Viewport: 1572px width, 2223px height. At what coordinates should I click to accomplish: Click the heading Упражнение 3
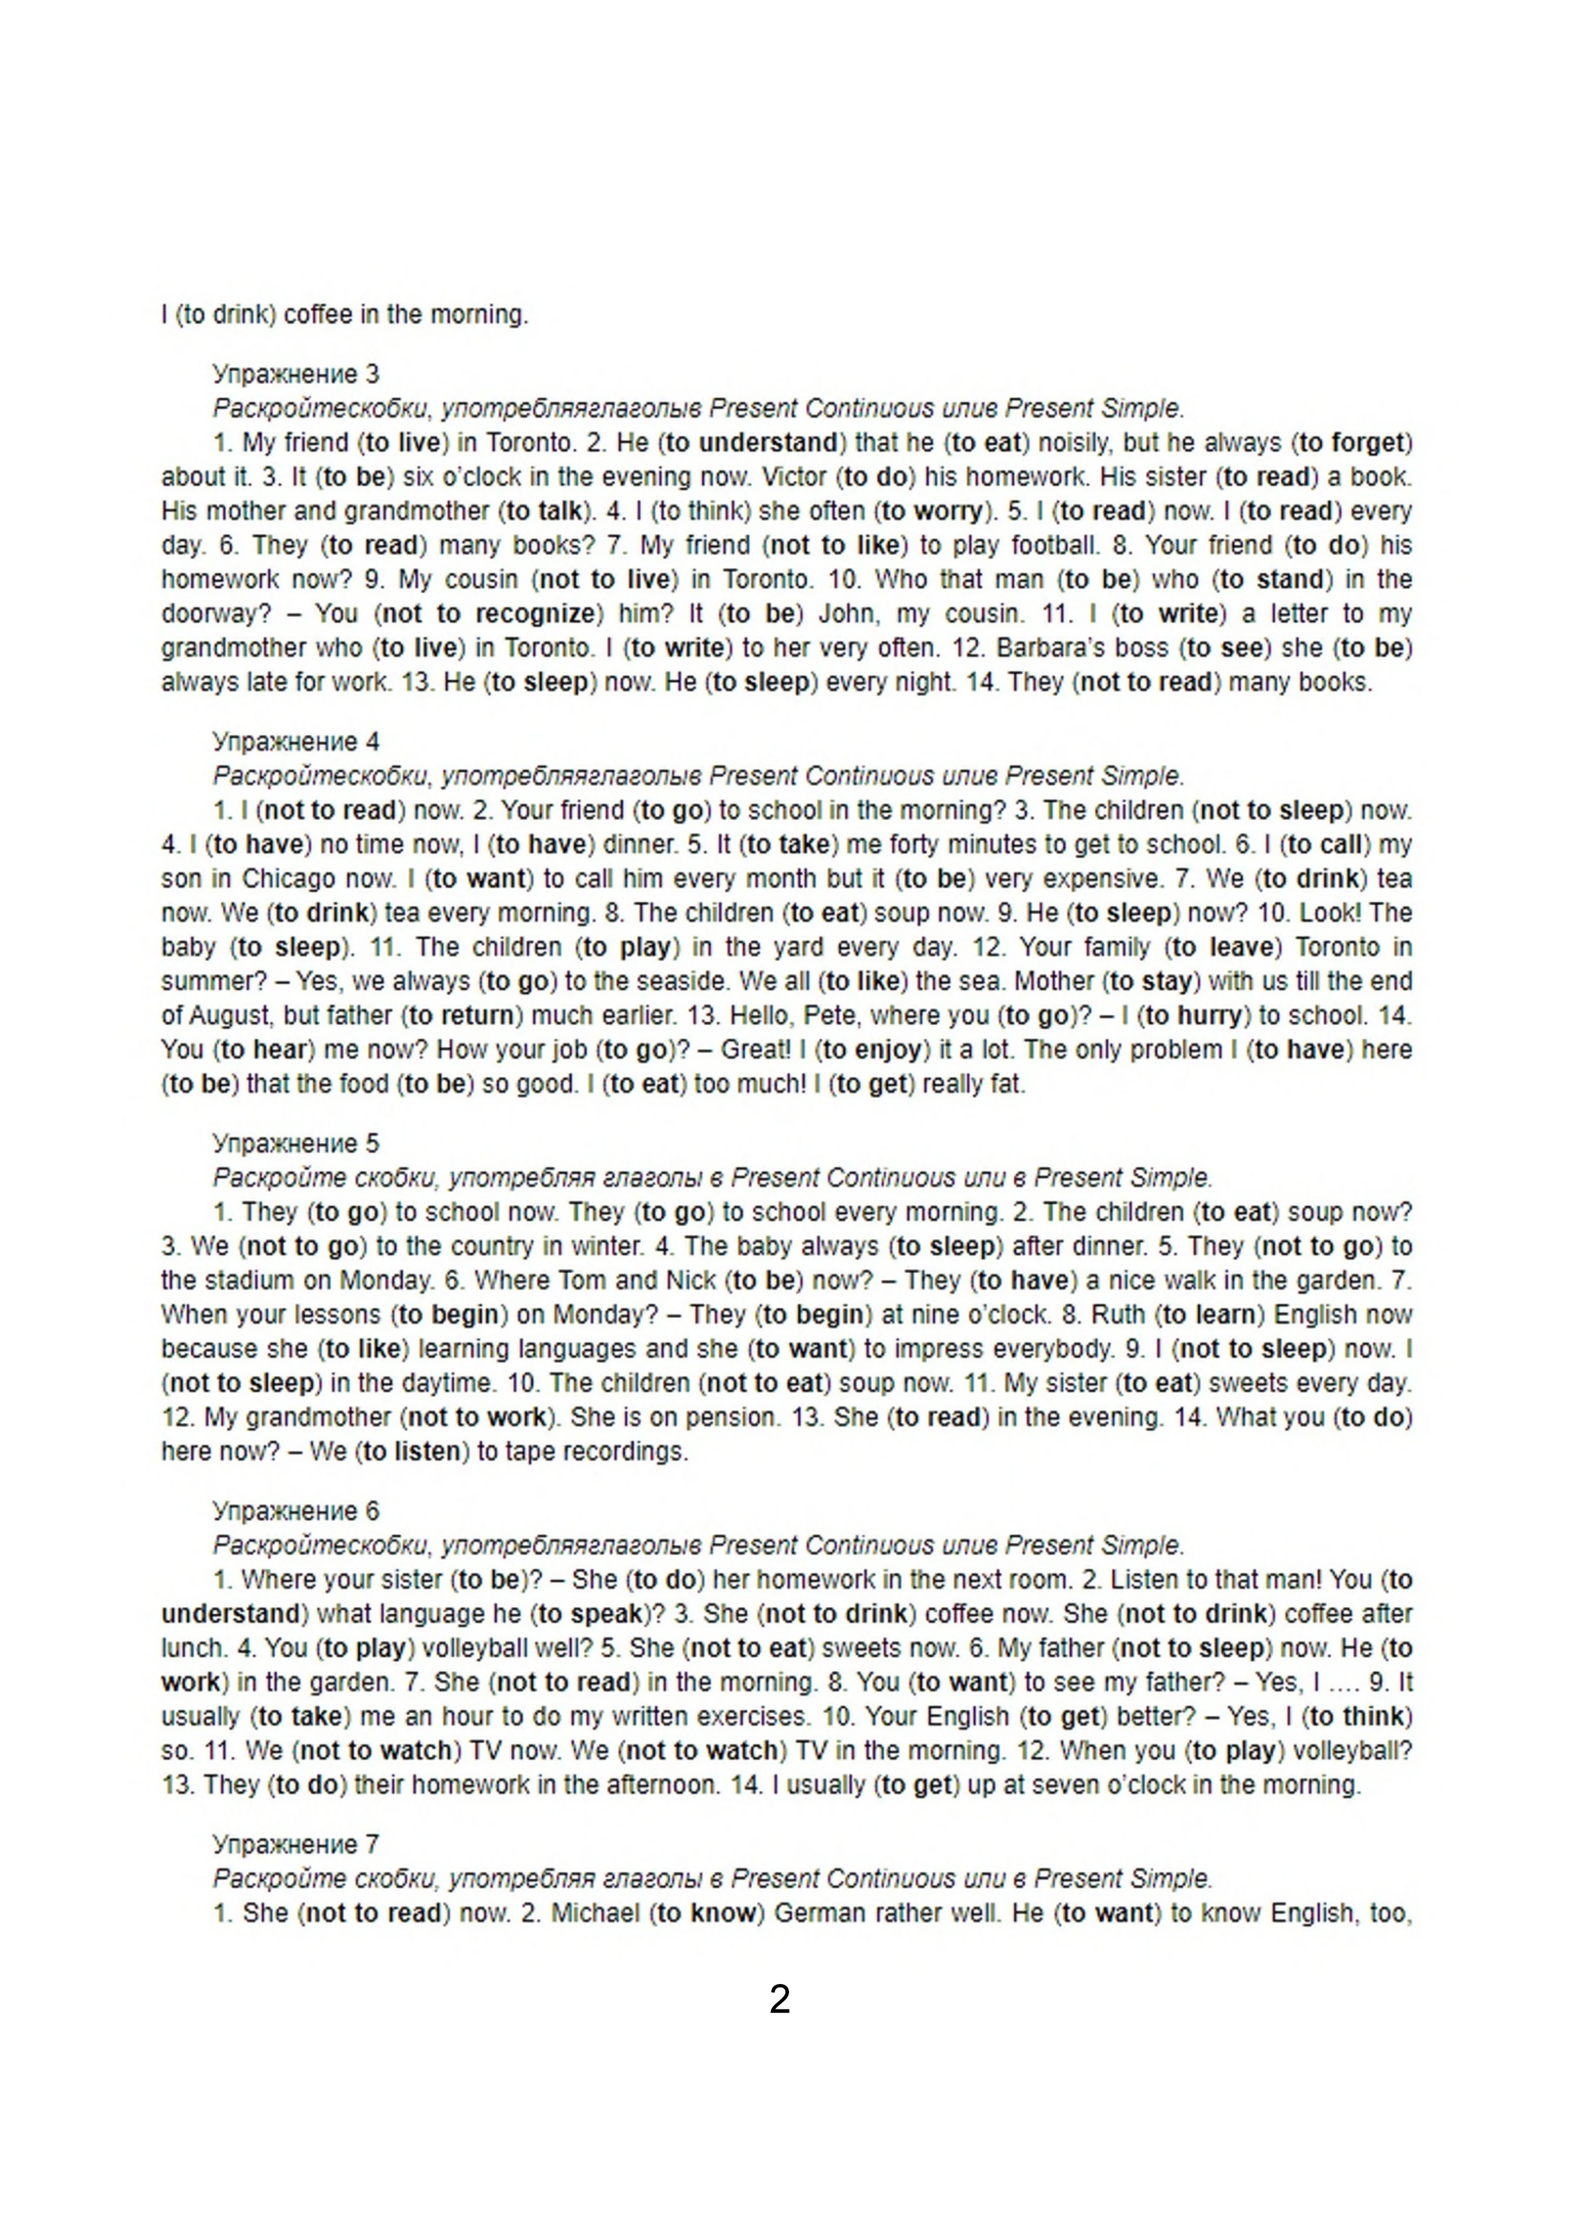click(x=296, y=374)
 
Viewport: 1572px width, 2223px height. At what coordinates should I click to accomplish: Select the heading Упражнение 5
click(x=296, y=1143)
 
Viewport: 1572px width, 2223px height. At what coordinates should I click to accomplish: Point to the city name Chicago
click(x=289, y=878)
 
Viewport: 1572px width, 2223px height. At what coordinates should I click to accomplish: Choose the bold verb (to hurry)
click(x=1192, y=1015)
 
